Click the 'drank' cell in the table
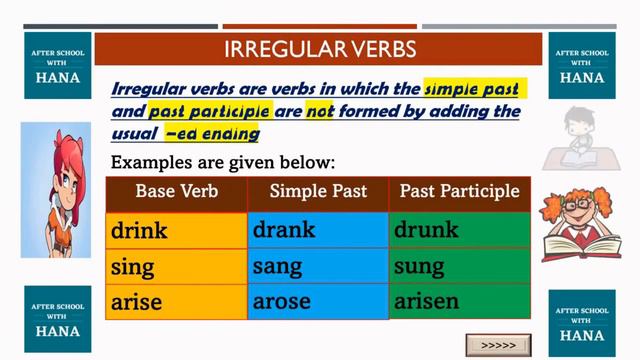click(317, 231)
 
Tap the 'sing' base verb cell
click(176, 267)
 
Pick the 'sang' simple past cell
click(317, 267)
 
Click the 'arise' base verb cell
click(176, 301)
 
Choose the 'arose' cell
click(317, 301)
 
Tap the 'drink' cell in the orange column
click(176, 231)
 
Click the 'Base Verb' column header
click(176, 191)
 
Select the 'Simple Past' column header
click(318, 191)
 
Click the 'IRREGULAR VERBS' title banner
click(320, 48)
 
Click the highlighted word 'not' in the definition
click(320, 111)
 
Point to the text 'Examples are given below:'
click(223, 161)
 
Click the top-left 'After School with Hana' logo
click(57, 62)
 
